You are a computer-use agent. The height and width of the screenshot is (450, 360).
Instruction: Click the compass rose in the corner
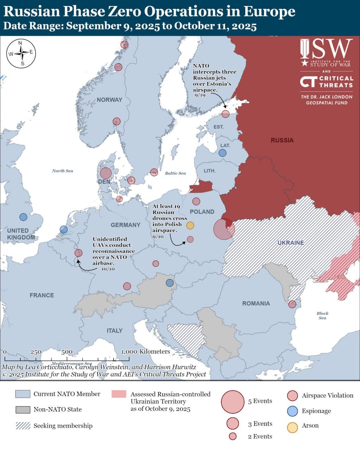pyautogui.click(x=21, y=53)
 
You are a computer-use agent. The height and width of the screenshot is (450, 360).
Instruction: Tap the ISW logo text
pyautogui.click(x=326, y=50)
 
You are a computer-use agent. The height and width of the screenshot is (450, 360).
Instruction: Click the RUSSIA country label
pyautogui.click(x=282, y=140)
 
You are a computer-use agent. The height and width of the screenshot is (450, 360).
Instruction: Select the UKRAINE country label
pyautogui.click(x=290, y=243)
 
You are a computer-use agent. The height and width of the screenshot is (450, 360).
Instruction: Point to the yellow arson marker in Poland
pyautogui.click(x=190, y=225)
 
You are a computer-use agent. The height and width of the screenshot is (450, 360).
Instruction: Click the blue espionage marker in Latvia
pyautogui.click(x=222, y=153)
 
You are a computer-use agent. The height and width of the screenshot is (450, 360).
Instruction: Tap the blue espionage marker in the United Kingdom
pyautogui.click(x=23, y=217)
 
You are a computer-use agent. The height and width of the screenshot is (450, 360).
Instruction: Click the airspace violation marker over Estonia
pyautogui.click(x=226, y=114)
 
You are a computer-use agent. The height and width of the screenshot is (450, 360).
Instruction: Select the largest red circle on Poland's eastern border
pyautogui.click(x=224, y=229)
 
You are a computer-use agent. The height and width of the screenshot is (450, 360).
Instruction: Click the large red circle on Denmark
pyautogui.click(x=106, y=173)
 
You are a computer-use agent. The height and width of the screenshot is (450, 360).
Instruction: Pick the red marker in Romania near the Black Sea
pyautogui.click(x=292, y=304)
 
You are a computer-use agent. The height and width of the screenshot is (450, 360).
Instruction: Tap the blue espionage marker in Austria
pyautogui.click(x=170, y=283)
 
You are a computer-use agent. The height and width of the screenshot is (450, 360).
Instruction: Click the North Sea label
pyautogui.click(x=63, y=171)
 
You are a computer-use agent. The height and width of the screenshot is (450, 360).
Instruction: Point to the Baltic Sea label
pyautogui.click(x=175, y=173)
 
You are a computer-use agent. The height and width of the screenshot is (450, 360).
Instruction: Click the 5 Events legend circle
pyautogui.click(x=233, y=402)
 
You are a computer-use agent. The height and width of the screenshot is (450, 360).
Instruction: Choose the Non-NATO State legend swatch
pyautogui.click(x=23, y=410)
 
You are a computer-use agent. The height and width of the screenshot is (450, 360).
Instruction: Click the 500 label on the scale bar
pyautogui.click(x=67, y=352)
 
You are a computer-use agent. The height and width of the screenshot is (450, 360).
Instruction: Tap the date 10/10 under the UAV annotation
pyautogui.click(x=108, y=269)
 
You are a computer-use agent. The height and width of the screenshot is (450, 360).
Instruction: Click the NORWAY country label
pyautogui.click(x=109, y=100)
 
